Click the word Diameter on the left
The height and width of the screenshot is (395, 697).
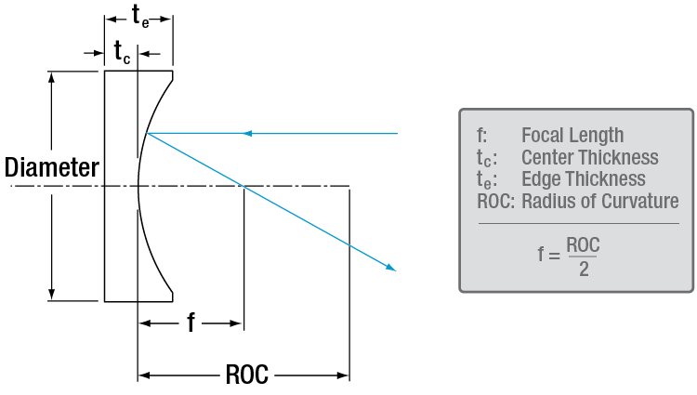click(51, 168)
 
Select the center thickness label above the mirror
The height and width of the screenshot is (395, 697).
click(122, 53)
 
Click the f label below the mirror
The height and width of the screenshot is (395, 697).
click(191, 323)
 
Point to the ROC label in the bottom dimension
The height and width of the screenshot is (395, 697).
click(246, 375)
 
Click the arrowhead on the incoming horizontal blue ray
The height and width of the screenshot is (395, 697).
click(247, 134)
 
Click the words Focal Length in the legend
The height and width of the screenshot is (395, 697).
click(572, 136)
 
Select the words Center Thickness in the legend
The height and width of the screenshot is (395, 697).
click(590, 158)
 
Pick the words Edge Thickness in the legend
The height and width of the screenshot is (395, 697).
click(584, 179)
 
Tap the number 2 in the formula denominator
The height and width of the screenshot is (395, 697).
click(582, 269)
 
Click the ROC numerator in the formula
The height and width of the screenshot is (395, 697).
click(582, 245)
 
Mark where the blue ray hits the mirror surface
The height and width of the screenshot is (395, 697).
click(147, 134)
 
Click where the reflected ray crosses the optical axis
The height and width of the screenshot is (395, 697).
click(243, 186)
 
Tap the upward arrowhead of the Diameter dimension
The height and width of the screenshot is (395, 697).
click(52, 76)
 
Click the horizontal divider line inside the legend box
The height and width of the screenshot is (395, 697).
click(578, 223)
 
